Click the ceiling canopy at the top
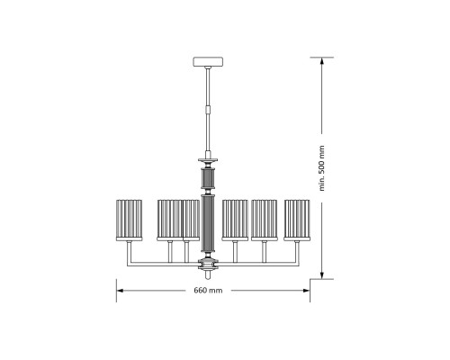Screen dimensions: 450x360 tap(208, 62)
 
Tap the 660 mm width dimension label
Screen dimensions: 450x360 tap(208, 291)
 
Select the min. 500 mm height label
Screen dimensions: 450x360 tap(321, 168)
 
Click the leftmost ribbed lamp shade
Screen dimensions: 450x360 tap(129, 220)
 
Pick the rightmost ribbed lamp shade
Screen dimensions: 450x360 tap(297, 220)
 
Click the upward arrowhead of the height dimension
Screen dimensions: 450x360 tap(321, 61)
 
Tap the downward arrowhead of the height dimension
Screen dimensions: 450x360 tap(321, 274)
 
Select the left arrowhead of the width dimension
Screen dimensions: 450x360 tap(121, 291)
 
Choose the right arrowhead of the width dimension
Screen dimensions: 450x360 tap(306, 291)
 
